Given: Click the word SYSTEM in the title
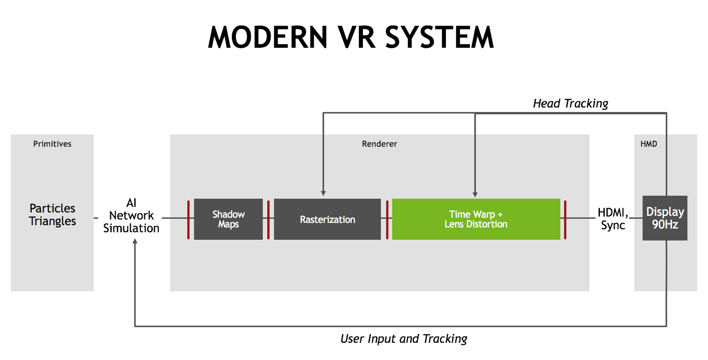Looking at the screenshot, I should pyautogui.click(x=439, y=37).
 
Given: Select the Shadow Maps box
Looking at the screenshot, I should pyautogui.click(x=228, y=219).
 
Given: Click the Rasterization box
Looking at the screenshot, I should pyautogui.click(x=327, y=219).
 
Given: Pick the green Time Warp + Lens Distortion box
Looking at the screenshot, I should pyautogui.click(x=476, y=219).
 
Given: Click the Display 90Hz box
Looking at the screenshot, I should pyautogui.click(x=665, y=218).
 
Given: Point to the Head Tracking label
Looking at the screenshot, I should pyautogui.click(x=570, y=103).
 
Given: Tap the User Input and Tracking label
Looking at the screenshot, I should pyautogui.click(x=404, y=339).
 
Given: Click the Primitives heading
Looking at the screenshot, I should pyautogui.click(x=52, y=144).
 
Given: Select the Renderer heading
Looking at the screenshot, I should pyautogui.click(x=379, y=144).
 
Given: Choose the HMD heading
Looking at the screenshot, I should pyautogui.click(x=649, y=144).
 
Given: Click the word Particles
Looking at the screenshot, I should pyautogui.click(x=52, y=208).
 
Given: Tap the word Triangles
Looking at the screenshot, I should pyautogui.click(x=52, y=221).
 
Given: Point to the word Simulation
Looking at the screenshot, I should pyautogui.click(x=131, y=228).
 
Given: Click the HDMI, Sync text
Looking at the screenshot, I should pyautogui.click(x=613, y=218).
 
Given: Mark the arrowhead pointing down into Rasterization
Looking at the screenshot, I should pyautogui.click(x=323, y=193).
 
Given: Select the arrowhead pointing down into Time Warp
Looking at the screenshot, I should pyautogui.click(x=475, y=194).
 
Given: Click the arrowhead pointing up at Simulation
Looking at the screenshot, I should pyautogui.click(x=135, y=241).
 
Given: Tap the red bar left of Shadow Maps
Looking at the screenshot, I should pyautogui.click(x=189, y=219).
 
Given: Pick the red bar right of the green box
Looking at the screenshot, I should pyautogui.click(x=565, y=219).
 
